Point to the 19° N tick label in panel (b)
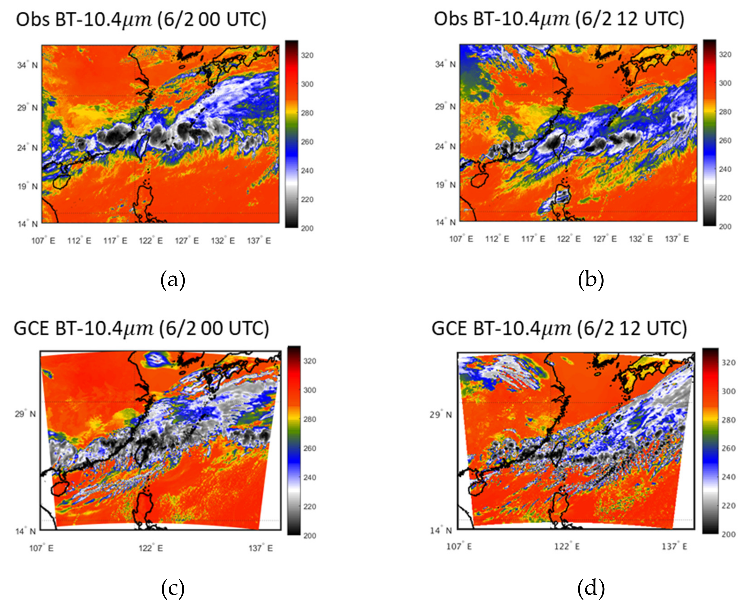[x=445, y=185]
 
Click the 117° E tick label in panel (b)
[x=533, y=239]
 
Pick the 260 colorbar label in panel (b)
[x=725, y=140]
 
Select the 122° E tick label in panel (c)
[x=151, y=548]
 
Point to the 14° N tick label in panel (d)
[x=441, y=530]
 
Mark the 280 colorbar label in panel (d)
[x=728, y=420]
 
